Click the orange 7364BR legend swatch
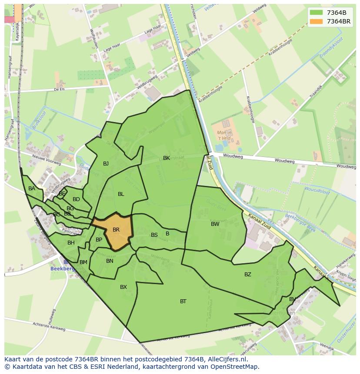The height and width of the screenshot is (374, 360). (x=316, y=21)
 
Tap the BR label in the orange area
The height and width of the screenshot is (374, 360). (x=116, y=230)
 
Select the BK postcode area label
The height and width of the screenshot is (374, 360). (x=167, y=158)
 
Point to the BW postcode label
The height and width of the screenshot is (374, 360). (x=215, y=224)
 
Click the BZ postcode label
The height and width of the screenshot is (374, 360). (x=248, y=275)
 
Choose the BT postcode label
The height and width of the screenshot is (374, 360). (x=183, y=301)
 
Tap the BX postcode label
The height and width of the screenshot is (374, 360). (x=123, y=287)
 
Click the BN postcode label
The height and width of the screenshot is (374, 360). (x=110, y=261)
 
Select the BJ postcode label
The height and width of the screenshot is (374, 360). (x=106, y=164)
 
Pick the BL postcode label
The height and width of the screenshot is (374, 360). (x=121, y=194)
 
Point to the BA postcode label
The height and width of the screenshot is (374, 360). (x=32, y=189)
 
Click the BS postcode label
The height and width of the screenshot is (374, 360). (x=154, y=235)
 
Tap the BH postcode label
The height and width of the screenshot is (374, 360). (x=71, y=243)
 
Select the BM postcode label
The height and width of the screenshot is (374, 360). (x=83, y=262)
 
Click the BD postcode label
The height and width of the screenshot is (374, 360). (x=76, y=199)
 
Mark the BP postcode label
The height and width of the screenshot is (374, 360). (x=99, y=240)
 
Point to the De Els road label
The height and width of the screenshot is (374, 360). (x=60, y=89)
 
